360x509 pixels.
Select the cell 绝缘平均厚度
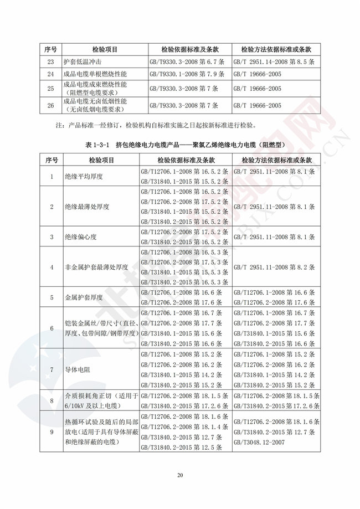(x=83, y=177)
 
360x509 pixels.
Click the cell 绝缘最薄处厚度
(x=86, y=207)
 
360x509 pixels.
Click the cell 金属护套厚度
(x=83, y=297)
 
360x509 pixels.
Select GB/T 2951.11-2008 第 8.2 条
(x=274, y=266)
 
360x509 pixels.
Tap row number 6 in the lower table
(x=51, y=328)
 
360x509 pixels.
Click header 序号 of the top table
(x=51, y=49)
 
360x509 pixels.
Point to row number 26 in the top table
(x=51, y=105)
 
